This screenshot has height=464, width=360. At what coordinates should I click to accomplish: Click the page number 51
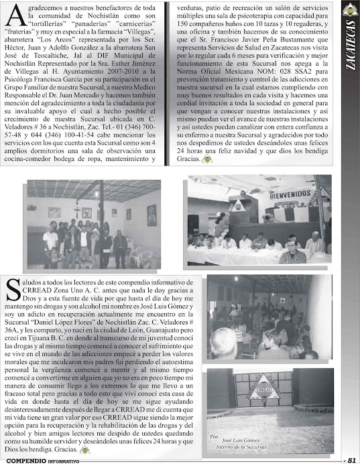point(351,459)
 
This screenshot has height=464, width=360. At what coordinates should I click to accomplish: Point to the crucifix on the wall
point(86,212)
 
